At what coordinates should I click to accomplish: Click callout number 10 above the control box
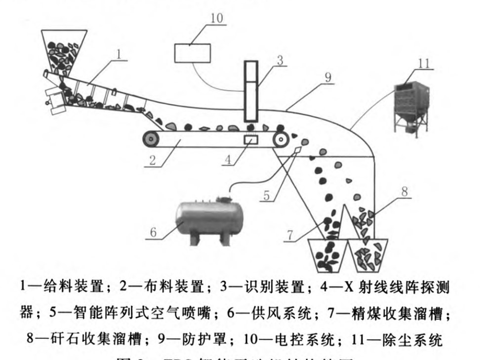tap(216, 19)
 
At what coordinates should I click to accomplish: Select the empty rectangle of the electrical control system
tap(192, 53)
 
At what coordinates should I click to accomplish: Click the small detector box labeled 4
tap(251, 140)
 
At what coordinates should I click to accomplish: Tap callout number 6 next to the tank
tap(153, 232)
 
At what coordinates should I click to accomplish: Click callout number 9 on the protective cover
tap(327, 78)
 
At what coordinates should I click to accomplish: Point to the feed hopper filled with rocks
tap(64, 49)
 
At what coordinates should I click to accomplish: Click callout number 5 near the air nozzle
tap(267, 196)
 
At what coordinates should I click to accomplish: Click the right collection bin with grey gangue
tap(369, 255)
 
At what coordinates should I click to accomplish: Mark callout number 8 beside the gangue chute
tap(405, 192)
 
